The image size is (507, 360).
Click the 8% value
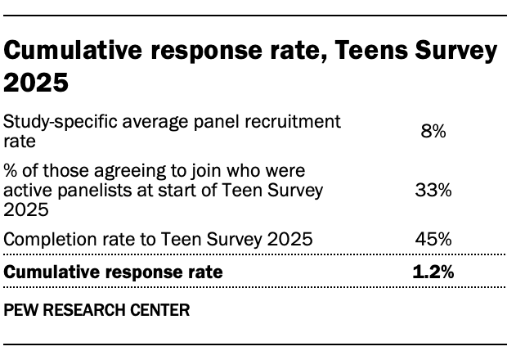pos(433,131)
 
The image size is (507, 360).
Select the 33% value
pos(433,191)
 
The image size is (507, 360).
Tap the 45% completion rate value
pos(433,240)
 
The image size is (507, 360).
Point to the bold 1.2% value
pos(433,272)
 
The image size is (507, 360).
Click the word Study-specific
pos(47,122)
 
